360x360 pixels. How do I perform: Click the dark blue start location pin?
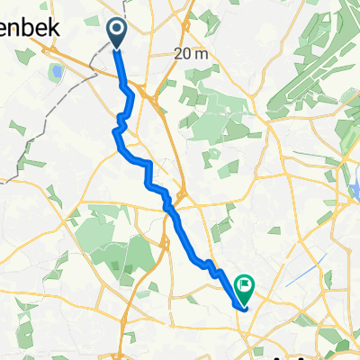[118, 32]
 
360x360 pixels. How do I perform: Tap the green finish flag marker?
[244, 287]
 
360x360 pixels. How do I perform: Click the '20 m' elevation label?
[191, 54]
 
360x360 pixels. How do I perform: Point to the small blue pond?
[57, 70]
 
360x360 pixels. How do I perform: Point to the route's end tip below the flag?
[244, 307]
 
